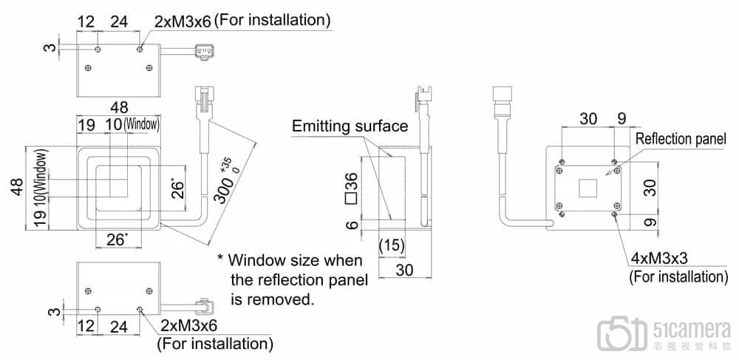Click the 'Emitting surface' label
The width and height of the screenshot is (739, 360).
tap(350, 126)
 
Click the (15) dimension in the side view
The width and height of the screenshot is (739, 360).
tap(392, 244)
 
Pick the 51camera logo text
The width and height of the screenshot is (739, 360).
tap(692, 328)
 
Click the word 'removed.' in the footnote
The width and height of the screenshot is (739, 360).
tap(273, 300)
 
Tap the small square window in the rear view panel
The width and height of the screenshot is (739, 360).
tap(589, 188)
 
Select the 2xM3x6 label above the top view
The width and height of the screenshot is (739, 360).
tap(183, 21)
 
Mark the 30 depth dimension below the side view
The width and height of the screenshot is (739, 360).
tap(403, 270)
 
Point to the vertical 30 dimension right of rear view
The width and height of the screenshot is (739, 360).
tap(650, 187)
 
